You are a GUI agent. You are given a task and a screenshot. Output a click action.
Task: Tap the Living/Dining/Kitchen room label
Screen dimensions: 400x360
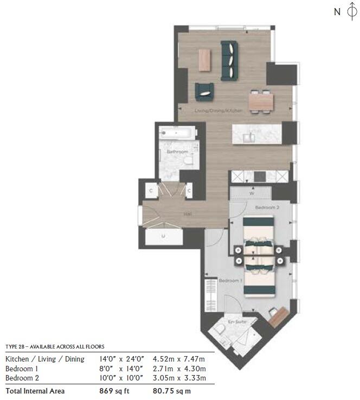pos(218,111)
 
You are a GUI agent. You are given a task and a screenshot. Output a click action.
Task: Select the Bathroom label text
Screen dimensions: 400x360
pos(177,152)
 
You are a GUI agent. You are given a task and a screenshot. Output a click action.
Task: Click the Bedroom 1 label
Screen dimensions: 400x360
pos(230,281)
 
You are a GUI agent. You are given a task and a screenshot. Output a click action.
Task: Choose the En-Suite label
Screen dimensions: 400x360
pos(238,322)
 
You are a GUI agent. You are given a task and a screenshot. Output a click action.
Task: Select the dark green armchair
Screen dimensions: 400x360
pos(204,92)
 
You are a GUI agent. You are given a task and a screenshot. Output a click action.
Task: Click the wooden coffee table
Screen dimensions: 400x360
pos(204,60)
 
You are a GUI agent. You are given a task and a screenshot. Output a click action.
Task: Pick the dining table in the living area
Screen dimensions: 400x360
pos(260,100)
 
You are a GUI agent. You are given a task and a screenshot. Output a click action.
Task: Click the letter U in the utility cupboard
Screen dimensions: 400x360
pos(163,236)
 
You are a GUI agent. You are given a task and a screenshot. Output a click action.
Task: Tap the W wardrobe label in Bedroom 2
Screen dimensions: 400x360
pos(252,193)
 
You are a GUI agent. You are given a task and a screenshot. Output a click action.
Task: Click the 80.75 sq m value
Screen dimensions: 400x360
pos(172,391)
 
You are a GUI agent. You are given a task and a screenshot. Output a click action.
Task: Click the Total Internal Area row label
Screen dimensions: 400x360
pos(35,391)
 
